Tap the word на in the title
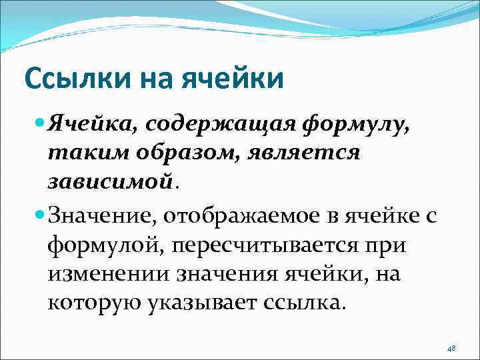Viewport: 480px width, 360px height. click(154, 79)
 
